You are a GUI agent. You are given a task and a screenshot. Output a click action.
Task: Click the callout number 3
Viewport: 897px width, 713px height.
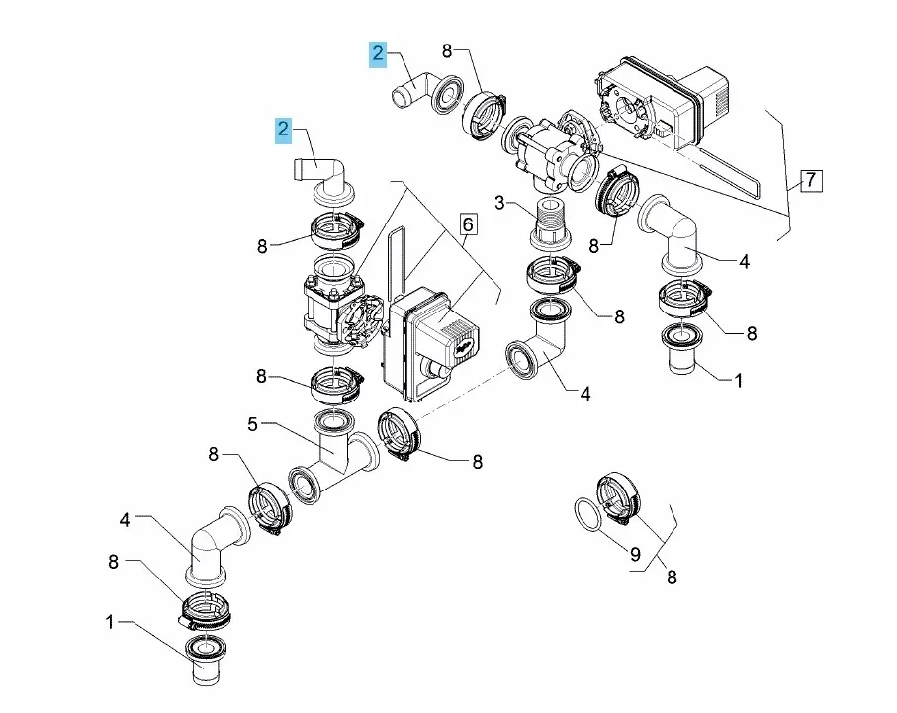[500, 203]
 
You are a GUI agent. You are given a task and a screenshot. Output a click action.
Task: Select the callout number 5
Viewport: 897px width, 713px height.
[253, 425]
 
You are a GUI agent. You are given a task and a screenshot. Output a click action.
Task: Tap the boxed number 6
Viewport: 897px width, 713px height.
[468, 224]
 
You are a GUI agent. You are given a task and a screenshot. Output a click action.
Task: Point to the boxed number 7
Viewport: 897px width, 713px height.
[810, 180]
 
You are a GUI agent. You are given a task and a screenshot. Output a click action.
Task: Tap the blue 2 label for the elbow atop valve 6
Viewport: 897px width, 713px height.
[284, 129]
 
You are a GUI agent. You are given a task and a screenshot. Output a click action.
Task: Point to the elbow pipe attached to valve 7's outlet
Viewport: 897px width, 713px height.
[673, 234]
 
